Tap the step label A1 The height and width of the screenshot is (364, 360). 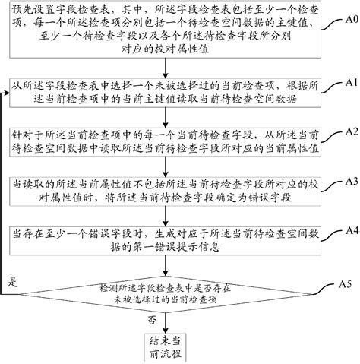click(348, 81)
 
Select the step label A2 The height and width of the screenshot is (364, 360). click(348, 131)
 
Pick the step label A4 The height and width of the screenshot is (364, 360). click(348, 230)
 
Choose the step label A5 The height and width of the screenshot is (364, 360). click(348, 283)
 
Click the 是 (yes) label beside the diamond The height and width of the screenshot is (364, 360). click(11, 282)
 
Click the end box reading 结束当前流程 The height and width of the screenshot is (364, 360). click(172, 347)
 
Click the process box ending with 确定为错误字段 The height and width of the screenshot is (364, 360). click(172, 191)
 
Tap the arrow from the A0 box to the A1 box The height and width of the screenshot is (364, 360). click(172, 67)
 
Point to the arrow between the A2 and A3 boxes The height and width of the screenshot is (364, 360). click(172, 166)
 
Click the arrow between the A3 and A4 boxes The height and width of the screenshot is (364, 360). click(172, 217)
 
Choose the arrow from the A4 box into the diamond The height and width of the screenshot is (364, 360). click(172, 266)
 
